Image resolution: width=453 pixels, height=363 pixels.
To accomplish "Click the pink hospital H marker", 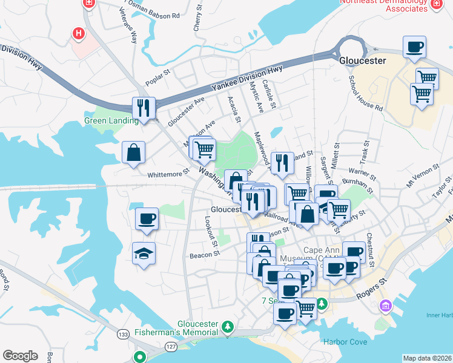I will click(x=78, y=33).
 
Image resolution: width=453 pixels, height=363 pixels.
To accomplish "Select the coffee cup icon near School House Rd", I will click(x=414, y=47).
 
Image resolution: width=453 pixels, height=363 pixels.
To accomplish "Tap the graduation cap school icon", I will click(x=144, y=253).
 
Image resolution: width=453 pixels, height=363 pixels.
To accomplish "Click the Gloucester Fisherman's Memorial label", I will click(x=198, y=329).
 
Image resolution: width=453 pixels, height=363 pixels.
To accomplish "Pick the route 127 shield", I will click(x=170, y=346).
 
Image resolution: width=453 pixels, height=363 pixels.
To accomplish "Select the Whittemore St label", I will click(x=164, y=174).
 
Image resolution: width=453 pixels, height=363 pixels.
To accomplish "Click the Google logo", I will click(x=20, y=356).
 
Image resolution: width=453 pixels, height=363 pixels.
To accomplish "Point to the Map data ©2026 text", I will click(x=427, y=358).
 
